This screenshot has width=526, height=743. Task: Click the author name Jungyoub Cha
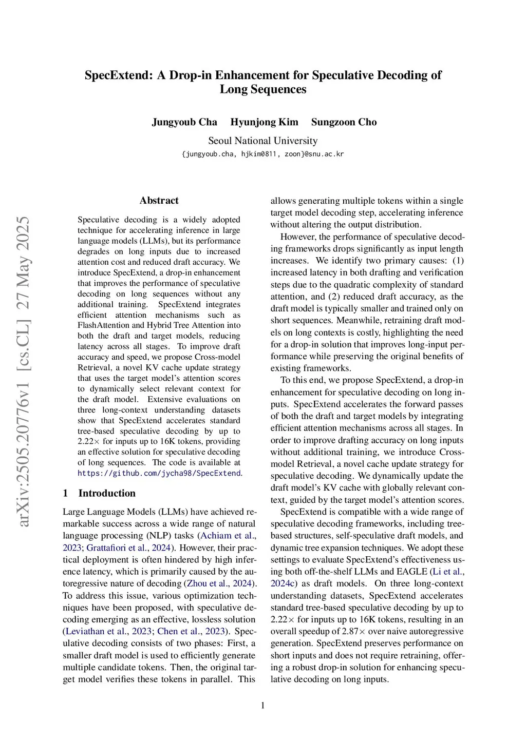(184, 122)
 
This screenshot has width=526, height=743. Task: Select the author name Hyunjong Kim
(264, 122)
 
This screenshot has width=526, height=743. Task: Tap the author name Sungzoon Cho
(344, 122)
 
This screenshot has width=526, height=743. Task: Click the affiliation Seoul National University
(262, 141)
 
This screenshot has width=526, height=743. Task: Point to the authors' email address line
(262, 154)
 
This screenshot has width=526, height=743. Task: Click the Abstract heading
(159, 201)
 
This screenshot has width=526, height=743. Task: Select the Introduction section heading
(107, 493)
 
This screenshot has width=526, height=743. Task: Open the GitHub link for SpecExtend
(159, 473)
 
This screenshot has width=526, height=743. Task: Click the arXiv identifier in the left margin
(23, 371)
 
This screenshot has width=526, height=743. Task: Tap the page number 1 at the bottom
(263, 706)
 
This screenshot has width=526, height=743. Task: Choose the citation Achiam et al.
(227, 536)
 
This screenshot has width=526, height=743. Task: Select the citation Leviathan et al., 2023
(108, 631)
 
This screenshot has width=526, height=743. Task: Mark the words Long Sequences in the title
(262, 89)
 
